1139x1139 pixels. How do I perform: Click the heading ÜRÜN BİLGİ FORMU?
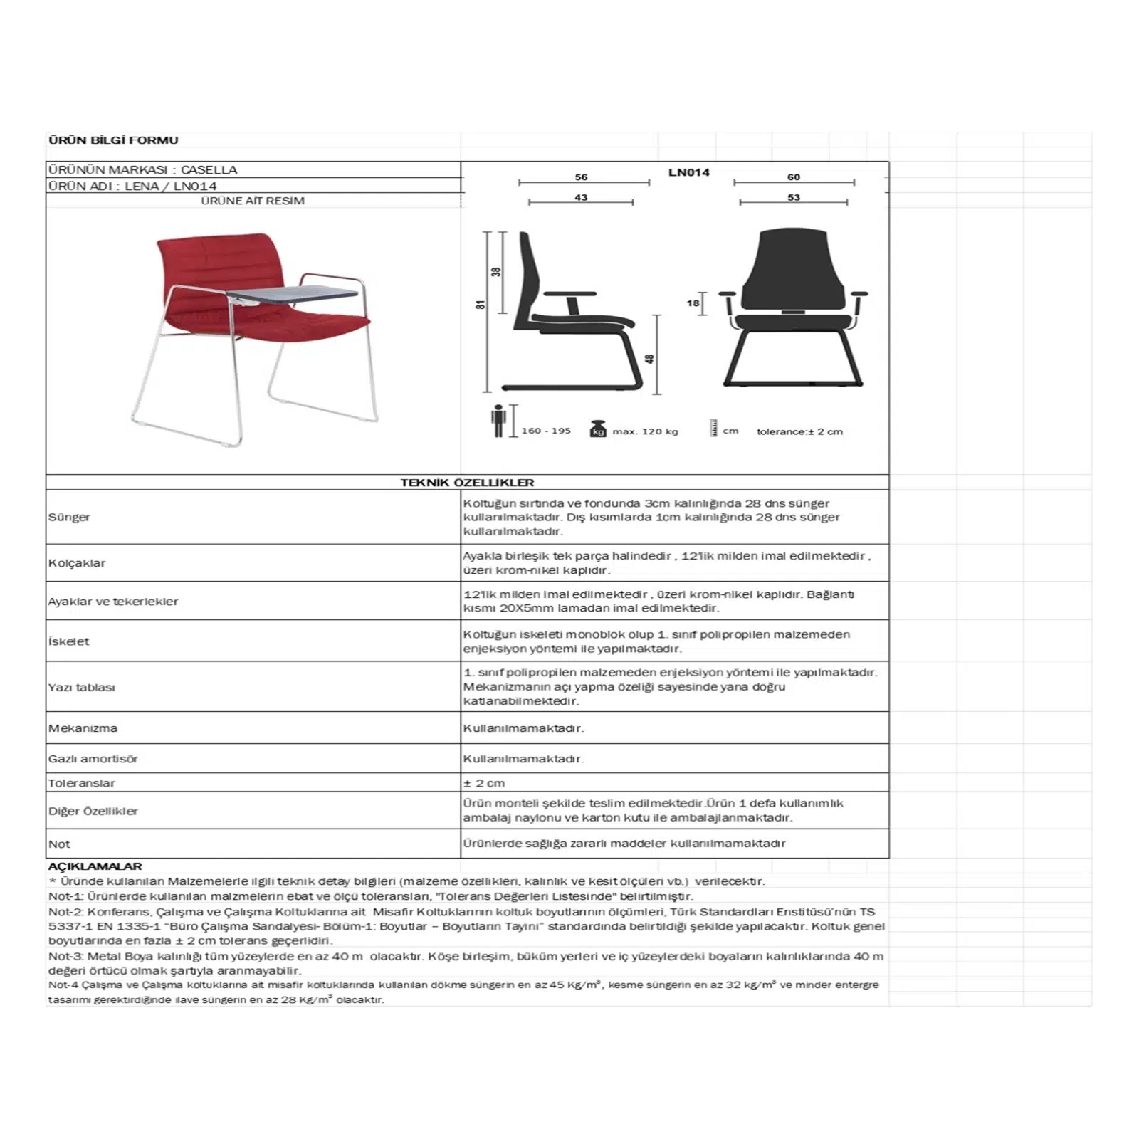coord(113,140)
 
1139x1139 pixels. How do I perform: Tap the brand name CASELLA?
coord(209,170)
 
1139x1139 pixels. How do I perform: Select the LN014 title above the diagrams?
coord(688,172)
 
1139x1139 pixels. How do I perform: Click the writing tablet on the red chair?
coord(292,294)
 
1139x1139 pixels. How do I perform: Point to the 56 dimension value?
coord(581,177)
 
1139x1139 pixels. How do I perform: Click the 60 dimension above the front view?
coord(793,177)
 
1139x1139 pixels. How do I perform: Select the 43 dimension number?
coord(581,198)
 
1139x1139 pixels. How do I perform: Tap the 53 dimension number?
coord(793,198)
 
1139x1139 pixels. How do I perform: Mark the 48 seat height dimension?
coord(649,359)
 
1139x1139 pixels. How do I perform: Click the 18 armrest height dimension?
coord(693,303)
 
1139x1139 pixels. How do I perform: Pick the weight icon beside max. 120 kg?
coord(598,429)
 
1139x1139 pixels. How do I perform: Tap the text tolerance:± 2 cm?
coord(799,431)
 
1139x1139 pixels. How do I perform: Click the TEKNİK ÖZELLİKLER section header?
coord(467,483)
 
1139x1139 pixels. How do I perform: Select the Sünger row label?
coord(70,517)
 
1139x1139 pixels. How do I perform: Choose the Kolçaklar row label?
coord(77,563)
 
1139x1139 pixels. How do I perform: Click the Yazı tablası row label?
coord(82,688)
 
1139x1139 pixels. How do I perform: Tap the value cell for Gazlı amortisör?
coord(523,759)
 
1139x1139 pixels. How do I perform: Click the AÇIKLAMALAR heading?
coord(95,866)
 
